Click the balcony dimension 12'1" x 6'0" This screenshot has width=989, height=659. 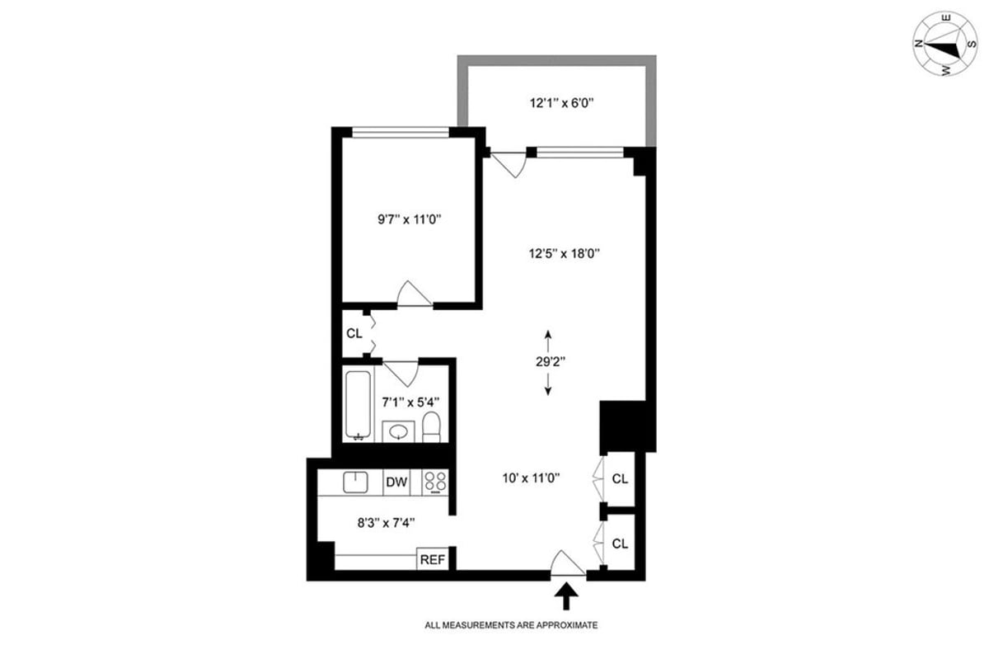(561, 103)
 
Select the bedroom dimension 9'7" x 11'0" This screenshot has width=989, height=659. (410, 219)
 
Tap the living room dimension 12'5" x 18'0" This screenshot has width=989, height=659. (565, 254)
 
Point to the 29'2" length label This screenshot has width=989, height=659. (551, 362)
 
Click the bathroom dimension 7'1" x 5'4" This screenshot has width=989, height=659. (410, 402)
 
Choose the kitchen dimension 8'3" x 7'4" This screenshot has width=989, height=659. (387, 523)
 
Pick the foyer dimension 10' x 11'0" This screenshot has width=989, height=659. (531, 478)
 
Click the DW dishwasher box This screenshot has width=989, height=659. (396, 482)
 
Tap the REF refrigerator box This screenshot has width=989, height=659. (432, 559)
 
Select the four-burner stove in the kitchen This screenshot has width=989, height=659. (435, 482)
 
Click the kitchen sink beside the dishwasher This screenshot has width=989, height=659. (355, 482)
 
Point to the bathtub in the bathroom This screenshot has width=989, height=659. (358, 405)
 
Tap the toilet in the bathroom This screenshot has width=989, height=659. (431, 427)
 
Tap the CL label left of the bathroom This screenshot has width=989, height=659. (354, 334)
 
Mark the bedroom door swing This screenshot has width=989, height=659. (414, 294)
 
